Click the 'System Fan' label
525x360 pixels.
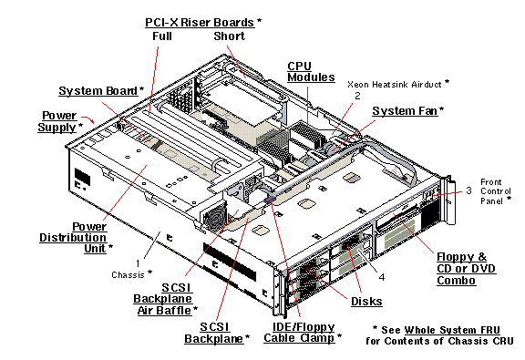(405, 110)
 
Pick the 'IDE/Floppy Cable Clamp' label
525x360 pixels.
(300, 331)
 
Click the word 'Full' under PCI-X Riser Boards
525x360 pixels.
(163, 36)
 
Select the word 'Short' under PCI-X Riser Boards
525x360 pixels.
(229, 36)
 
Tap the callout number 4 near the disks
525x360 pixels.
(383, 277)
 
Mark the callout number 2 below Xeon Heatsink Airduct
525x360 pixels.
(358, 95)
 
